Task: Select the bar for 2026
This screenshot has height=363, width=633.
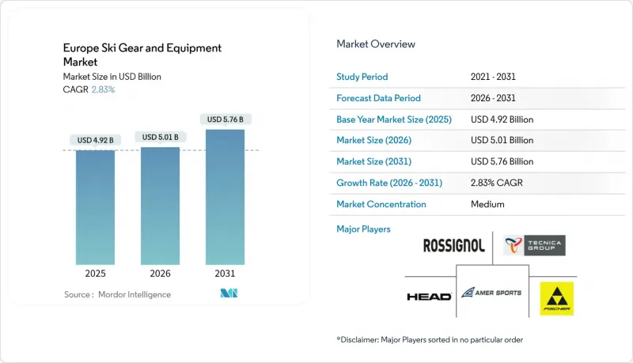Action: (160, 208)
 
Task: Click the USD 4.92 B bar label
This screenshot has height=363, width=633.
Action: (95, 140)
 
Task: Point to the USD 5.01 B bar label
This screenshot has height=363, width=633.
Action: (160, 137)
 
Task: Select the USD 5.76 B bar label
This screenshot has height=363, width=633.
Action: (225, 119)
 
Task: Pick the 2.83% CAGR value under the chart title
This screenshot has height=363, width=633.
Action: (103, 89)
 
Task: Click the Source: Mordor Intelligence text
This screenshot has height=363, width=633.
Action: (117, 294)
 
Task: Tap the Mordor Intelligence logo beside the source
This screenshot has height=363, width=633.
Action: (229, 294)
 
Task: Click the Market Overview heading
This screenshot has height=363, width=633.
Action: (376, 44)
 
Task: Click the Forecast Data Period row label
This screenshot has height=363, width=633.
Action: (379, 98)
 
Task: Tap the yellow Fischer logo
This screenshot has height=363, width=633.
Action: (556, 298)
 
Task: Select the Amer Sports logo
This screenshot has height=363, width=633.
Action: (491, 293)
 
